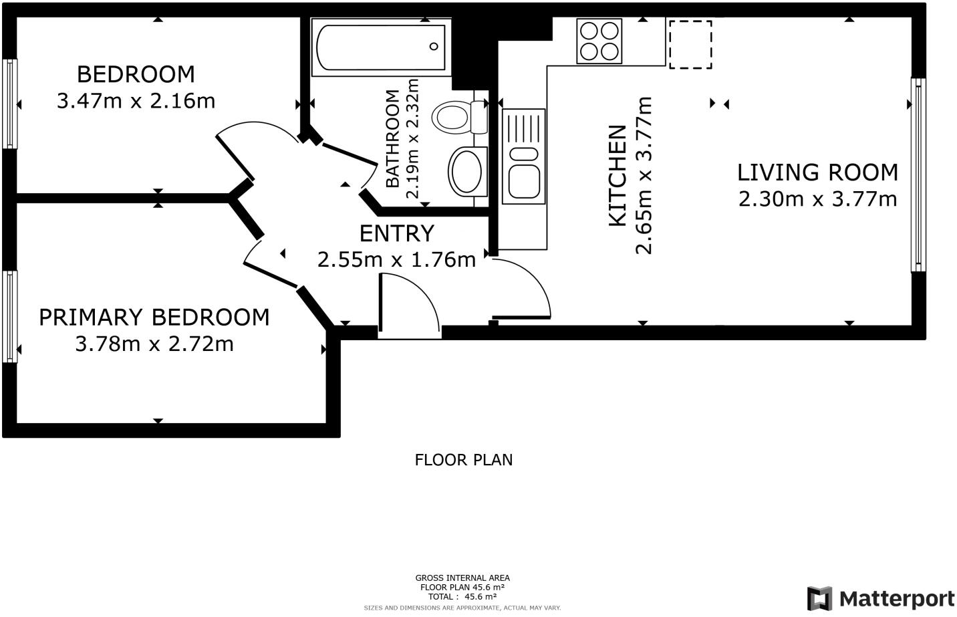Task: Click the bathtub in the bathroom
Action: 381,47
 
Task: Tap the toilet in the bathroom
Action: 460,117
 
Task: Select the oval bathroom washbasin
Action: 468,172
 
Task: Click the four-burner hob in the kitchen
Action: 599,41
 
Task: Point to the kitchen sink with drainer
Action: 524,156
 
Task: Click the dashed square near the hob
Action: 690,44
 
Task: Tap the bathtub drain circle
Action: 434,46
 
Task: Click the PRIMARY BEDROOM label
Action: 154,317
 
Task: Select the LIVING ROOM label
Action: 817,172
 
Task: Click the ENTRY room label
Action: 397,233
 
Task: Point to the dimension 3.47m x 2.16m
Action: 136,101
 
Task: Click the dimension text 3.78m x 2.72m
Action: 154,344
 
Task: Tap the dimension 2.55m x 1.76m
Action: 396,260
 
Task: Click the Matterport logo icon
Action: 819,599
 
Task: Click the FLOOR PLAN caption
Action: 464,460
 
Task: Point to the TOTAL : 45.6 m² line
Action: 462,596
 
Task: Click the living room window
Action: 918,174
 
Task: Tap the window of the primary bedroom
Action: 10,317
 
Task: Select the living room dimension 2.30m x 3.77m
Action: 818,199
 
